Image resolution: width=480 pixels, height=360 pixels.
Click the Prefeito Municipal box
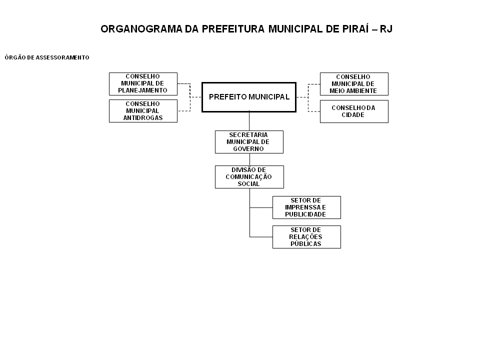pyautogui.click(x=249, y=97)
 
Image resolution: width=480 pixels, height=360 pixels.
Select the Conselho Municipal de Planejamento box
pyautogui.click(x=143, y=84)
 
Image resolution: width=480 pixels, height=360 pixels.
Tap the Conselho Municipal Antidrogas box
pyautogui.click(x=143, y=111)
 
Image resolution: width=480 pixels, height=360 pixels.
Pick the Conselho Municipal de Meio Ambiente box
pyautogui.click(x=354, y=84)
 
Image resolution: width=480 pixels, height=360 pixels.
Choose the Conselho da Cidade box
pyautogui.click(x=354, y=111)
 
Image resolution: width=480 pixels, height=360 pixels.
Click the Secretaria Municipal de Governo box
pyautogui.click(x=249, y=142)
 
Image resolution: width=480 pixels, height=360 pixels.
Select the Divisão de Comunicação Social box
pyautogui.click(x=249, y=177)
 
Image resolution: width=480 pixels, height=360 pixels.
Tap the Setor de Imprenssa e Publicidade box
pyautogui.click(x=306, y=207)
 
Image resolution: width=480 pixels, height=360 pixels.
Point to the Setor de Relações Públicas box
pyautogui.click(x=306, y=237)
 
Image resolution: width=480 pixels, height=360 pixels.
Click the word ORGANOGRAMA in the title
pyautogui.click(x=141, y=29)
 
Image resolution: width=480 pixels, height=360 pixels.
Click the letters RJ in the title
pyautogui.click(x=386, y=29)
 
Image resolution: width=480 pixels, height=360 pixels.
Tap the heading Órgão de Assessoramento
pyautogui.click(x=47, y=57)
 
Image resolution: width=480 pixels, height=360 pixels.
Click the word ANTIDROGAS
pyautogui.click(x=143, y=118)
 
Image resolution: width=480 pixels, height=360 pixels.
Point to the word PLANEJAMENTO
pyautogui.click(x=142, y=90)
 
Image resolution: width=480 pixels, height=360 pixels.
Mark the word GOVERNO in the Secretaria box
pyautogui.click(x=248, y=149)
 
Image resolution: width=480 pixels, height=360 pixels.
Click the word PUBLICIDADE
pyautogui.click(x=305, y=214)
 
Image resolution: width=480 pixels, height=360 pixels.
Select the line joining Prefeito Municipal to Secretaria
pyautogui.click(x=249, y=120)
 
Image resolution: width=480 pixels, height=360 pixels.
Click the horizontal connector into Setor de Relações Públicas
pyautogui.click(x=261, y=237)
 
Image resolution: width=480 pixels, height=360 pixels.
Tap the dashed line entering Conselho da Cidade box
pyautogui.click(x=314, y=111)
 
